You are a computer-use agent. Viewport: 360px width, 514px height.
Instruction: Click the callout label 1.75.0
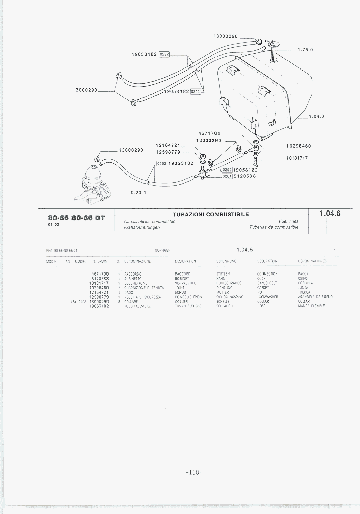[305, 50]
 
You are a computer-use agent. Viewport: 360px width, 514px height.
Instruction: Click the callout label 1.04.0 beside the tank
[316, 116]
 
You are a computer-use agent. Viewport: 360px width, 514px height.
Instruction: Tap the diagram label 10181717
[297, 158]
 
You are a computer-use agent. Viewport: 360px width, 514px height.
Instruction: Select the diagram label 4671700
[209, 133]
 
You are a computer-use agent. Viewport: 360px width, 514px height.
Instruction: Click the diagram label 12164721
[168, 145]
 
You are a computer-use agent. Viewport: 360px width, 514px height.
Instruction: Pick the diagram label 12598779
[168, 152]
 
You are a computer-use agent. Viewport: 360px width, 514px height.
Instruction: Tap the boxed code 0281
[227, 176]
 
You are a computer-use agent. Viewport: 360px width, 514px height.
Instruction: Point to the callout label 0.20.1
[138, 192]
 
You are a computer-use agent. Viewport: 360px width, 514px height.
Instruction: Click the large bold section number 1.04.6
[330, 214]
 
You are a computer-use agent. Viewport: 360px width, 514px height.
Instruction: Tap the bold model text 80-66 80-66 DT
[76, 218]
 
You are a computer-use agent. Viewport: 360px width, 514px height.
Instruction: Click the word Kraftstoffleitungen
[142, 227]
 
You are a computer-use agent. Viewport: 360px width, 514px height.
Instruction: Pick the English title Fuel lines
[289, 221]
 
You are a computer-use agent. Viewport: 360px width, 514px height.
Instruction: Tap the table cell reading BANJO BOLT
[267, 283]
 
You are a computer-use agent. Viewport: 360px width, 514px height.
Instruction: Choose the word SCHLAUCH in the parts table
[224, 306]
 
